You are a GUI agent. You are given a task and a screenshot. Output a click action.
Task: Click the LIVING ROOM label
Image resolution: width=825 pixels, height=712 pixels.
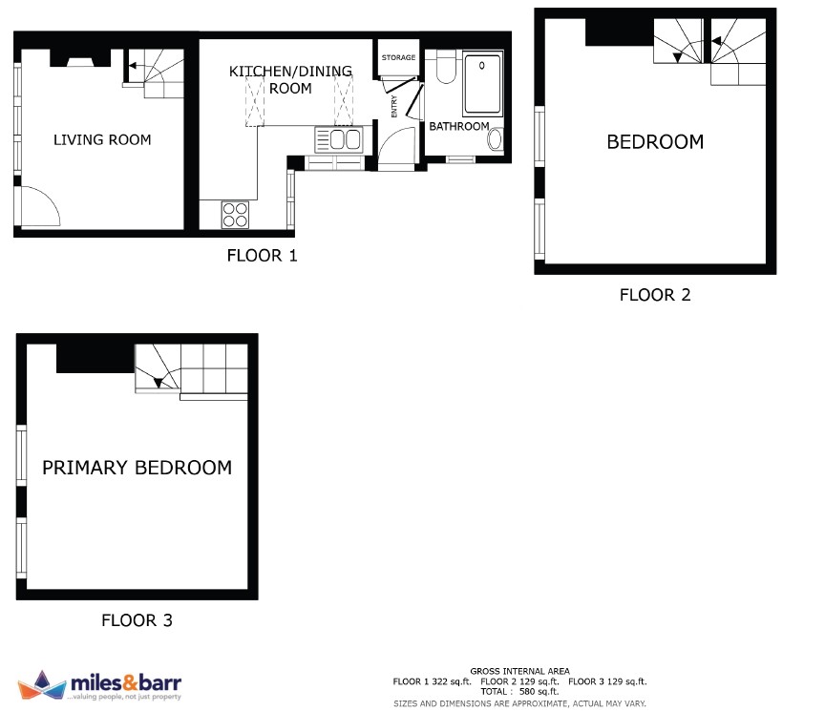pyautogui.click(x=102, y=140)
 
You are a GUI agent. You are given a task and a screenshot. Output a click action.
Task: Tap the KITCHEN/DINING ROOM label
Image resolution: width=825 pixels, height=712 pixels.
pyautogui.click(x=290, y=79)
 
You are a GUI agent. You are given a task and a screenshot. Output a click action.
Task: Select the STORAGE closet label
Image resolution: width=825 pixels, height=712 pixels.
pyautogui.click(x=398, y=57)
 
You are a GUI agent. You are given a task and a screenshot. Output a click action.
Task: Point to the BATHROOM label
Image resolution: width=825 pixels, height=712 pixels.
pyautogui.click(x=458, y=126)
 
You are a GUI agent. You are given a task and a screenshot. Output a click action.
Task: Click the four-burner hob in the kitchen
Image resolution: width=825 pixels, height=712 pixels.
pyautogui.click(x=235, y=215)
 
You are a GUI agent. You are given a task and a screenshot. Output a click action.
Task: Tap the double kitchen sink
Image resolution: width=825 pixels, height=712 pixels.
pyautogui.click(x=339, y=140)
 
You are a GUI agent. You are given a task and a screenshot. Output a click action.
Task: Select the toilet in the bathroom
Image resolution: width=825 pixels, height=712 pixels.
pyautogui.click(x=446, y=67)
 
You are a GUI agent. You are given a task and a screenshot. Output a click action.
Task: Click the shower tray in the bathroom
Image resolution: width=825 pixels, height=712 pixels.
pyautogui.click(x=482, y=83)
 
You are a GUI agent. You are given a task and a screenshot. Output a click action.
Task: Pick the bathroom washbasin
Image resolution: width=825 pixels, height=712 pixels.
pyautogui.click(x=496, y=139)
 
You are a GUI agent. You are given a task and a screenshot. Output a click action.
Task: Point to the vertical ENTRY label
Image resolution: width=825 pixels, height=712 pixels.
pyautogui.click(x=394, y=106)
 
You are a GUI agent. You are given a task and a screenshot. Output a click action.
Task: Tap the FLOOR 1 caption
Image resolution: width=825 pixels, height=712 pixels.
pyautogui.click(x=262, y=256)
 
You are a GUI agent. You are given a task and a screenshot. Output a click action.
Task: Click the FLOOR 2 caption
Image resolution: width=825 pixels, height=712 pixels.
pyautogui.click(x=655, y=295)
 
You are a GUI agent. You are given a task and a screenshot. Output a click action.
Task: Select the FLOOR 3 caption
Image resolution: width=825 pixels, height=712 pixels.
pyautogui.click(x=137, y=620)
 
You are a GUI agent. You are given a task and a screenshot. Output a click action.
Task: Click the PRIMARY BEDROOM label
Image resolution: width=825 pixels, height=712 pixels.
pyautogui.click(x=137, y=468)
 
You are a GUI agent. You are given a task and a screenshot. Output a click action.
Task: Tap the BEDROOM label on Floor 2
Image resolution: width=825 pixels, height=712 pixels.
pyautogui.click(x=655, y=142)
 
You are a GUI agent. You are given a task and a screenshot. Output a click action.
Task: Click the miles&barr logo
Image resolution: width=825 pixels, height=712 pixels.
pyautogui.click(x=99, y=685)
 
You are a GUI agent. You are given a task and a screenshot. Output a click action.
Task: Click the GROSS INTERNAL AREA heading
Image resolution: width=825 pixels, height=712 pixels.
pyautogui.click(x=519, y=672)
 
